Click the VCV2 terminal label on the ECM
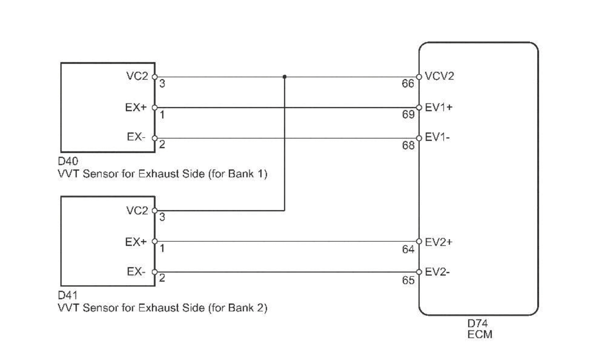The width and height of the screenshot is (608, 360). (440, 77)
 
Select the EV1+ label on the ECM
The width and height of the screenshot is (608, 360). (438, 107)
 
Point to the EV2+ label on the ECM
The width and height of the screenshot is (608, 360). (438, 242)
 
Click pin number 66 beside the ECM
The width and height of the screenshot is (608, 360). (408, 84)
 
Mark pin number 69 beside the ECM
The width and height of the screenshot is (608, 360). (408, 115)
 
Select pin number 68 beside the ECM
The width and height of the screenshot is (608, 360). (408, 145)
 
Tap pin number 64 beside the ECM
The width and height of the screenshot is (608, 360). (408, 249)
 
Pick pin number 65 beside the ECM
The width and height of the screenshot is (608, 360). (408, 280)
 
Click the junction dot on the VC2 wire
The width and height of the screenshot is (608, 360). (284, 77)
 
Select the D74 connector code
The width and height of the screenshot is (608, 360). (477, 324)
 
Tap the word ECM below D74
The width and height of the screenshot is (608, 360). (479, 334)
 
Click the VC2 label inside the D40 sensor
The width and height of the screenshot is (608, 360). (137, 77)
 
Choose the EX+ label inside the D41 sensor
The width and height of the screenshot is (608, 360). (136, 242)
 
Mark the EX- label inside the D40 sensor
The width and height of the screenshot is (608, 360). (136, 138)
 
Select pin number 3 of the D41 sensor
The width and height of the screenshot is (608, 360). (162, 218)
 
